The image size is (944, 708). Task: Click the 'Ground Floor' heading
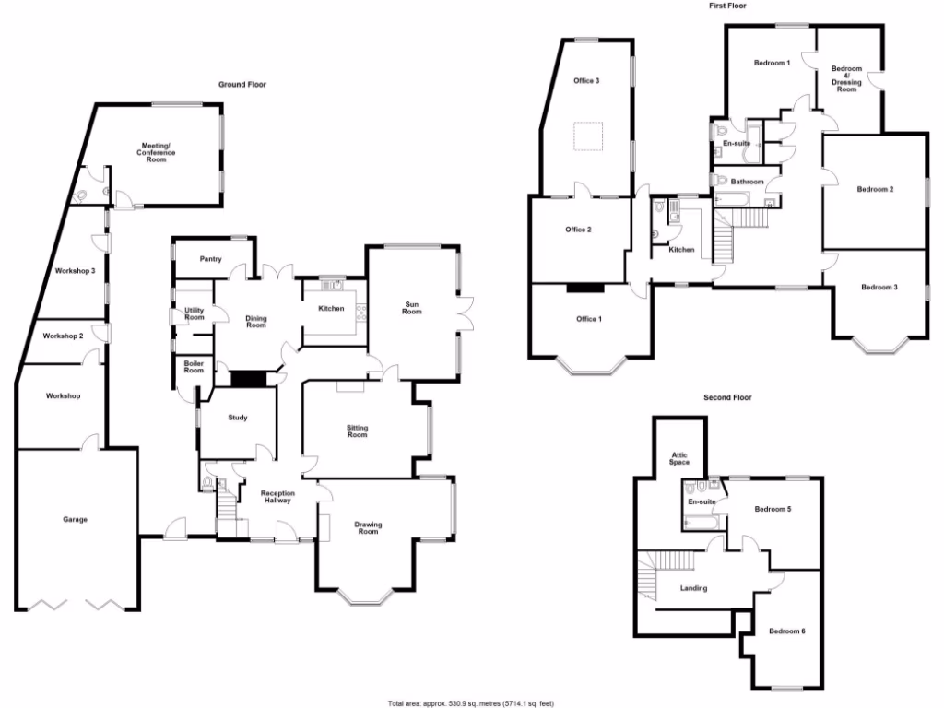[242, 84]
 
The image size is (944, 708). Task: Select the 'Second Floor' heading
[727, 398]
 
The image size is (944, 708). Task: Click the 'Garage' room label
[75, 520]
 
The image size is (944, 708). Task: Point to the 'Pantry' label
[210, 259]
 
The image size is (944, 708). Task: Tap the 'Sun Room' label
[411, 308]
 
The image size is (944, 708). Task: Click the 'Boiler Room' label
[194, 367]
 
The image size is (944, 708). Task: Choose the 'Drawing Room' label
[368, 528]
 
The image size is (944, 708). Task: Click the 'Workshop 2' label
[63, 336]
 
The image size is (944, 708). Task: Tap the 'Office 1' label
[587, 319]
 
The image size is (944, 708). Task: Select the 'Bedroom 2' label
[875, 190]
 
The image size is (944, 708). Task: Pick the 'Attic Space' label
[679, 458]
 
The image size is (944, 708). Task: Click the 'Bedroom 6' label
[787, 631]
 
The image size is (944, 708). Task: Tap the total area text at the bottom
[471, 702]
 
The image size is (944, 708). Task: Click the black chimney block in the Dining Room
[246, 379]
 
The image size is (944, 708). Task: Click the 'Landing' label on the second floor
[692, 588]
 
